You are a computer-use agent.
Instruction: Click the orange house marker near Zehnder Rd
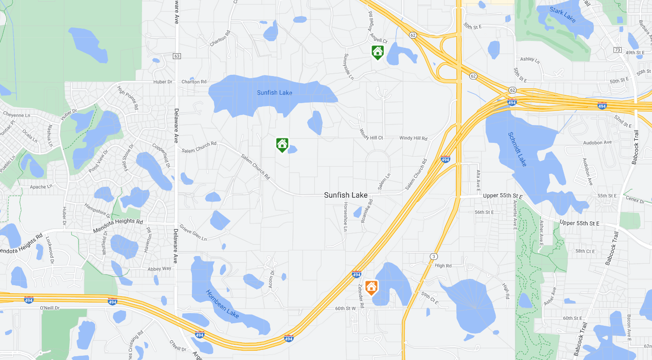pyautogui.click(x=371, y=287)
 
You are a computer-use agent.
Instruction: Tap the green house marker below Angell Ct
pyautogui.click(x=377, y=52)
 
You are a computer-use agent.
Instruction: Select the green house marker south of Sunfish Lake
pyautogui.click(x=282, y=145)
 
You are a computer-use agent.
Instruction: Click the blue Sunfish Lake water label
pyautogui.click(x=274, y=93)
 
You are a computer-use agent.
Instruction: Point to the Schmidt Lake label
pyautogui.click(x=517, y=149)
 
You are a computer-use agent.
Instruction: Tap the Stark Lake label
pyautogui.click(x=562, y=15)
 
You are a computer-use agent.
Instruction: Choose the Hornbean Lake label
pyautogui.click(x=222, y=304)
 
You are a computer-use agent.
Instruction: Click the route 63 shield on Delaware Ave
pyautogui.click(x=177, y=56)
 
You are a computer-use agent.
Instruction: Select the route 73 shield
pyautogui.click(x=617, y=50)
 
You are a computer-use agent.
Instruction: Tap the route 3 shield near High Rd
pyautogui.click(x=434, y=256)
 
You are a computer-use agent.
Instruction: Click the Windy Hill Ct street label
pyautogui.click(x=371, y=134)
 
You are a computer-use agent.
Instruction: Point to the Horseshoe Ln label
pyautogui.click(x=345, y=216)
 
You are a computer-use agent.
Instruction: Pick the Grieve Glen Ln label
pyautogui.click(x=193, y=232)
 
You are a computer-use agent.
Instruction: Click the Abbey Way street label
pyautogui.click(x=159, y=269)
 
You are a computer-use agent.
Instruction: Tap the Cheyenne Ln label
pyautogui.click(x=16, y=115)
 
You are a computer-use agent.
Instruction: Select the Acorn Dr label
pyautogui.click(x=271, y=279)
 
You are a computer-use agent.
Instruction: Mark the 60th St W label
pyautogui.click(x=345, y=308)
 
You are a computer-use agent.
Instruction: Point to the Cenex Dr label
pyautogui.click(x=635, y=199)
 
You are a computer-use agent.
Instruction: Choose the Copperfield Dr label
pyautogui.click(x=161, y=156)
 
